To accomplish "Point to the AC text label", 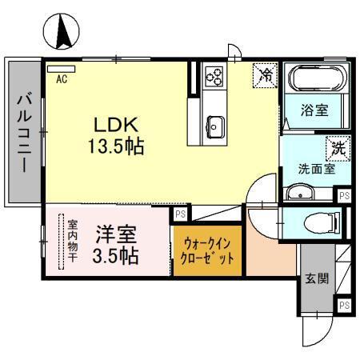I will pos(61,79).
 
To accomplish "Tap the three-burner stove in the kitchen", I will pos(214,77).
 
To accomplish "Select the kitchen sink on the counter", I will pos(215,124).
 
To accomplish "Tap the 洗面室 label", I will pos(316,169).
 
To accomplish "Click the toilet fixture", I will pos(326,221).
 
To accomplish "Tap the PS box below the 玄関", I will pos(344,306).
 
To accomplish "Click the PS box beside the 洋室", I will pos(181,214).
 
